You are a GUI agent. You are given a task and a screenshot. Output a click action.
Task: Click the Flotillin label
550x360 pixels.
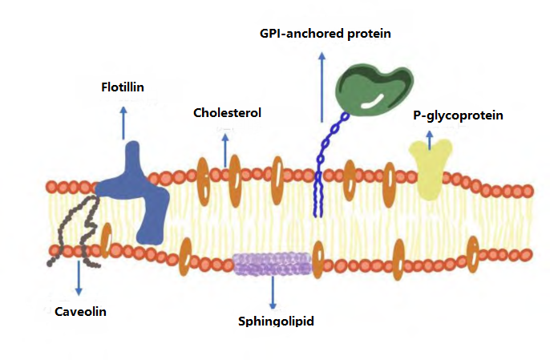123,87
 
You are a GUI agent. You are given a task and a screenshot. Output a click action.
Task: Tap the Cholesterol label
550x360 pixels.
227,113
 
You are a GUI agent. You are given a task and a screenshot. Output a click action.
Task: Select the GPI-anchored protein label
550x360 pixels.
325,34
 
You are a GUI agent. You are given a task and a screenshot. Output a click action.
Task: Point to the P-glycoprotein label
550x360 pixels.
458,115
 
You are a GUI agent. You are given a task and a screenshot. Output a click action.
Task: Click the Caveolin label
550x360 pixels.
80,311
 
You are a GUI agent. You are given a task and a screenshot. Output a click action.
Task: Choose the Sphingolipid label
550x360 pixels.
275,322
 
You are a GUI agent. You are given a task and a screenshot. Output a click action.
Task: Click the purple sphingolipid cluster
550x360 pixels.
273,264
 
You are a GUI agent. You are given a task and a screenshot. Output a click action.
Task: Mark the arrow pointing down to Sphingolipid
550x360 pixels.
273,293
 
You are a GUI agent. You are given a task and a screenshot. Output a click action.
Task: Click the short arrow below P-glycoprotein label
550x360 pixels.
431,140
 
